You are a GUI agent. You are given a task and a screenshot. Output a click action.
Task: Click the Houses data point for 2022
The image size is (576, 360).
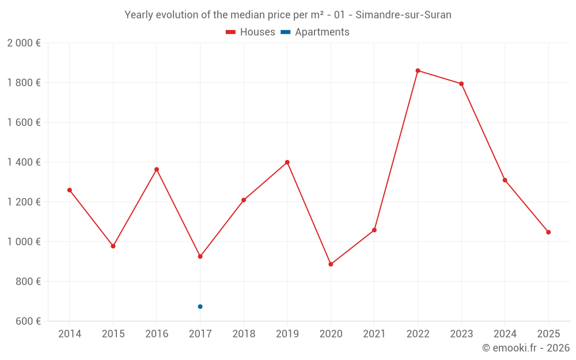point(418,71)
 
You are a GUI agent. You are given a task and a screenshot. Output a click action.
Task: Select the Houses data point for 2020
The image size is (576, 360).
point(331,264)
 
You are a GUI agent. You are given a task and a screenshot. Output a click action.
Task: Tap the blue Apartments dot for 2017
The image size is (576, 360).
point(200,306)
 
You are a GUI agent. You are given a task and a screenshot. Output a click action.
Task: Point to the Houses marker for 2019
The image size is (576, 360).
point(287,162)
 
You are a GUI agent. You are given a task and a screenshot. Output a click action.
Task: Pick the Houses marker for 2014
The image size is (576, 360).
point(70,190)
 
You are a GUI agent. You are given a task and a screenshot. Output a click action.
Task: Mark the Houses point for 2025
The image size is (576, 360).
point(548,232)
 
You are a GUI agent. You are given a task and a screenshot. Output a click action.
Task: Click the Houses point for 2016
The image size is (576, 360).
point(157,169)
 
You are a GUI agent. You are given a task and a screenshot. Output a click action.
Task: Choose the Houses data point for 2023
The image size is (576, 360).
point(461,84)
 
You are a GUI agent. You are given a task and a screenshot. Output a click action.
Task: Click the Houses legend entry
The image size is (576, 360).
point(251,32)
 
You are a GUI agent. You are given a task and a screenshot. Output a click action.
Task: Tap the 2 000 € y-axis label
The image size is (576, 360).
point(24,43)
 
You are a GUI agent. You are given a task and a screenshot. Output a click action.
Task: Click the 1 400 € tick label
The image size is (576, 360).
point(24,162)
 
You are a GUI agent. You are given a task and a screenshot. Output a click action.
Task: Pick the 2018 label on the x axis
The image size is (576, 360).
point(244,334)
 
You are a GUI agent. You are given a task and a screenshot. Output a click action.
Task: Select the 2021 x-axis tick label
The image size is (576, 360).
point(374,334)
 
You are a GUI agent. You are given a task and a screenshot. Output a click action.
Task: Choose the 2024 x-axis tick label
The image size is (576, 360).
point(505,334)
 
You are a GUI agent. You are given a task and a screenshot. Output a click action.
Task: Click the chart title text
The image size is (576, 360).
point(288,15)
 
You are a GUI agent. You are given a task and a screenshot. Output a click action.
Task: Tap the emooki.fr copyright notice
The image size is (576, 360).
point(525,348)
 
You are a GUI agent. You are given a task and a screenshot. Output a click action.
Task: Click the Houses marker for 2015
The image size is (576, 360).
point(113,246)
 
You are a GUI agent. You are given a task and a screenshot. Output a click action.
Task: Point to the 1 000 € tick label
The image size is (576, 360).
point(24,242)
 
